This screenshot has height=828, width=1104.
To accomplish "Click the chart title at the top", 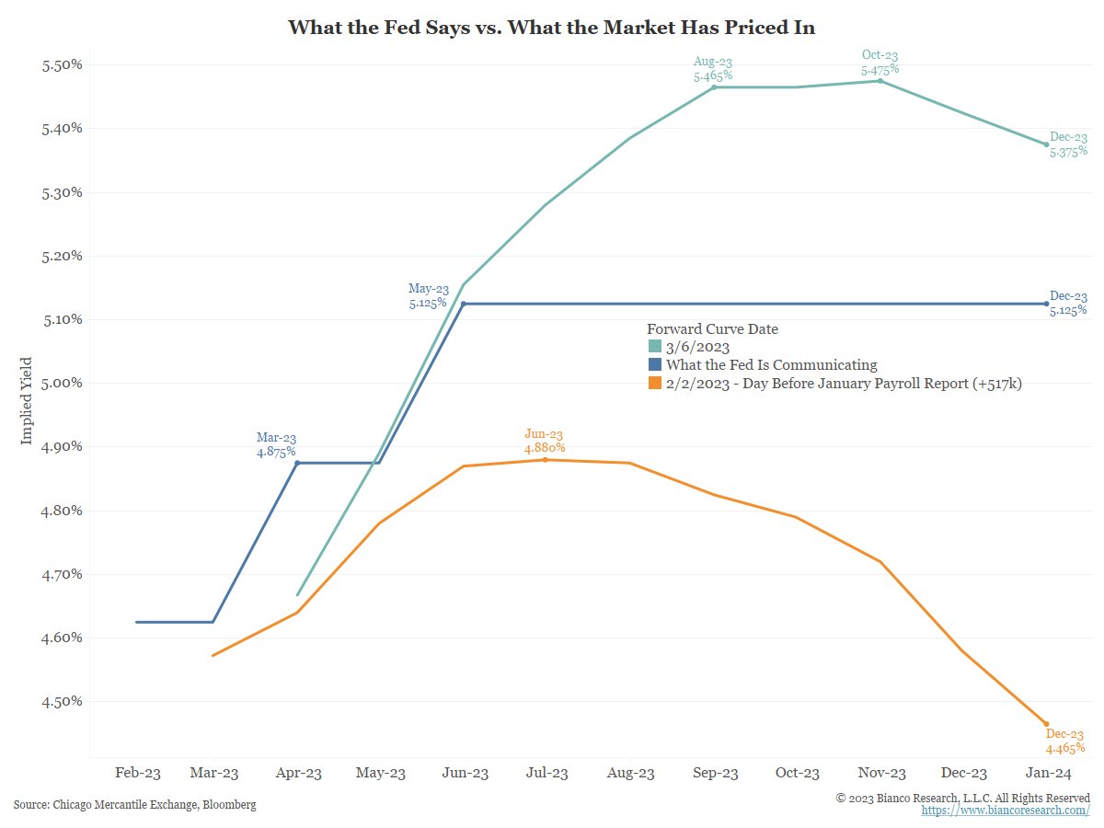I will click(x=551, y=28).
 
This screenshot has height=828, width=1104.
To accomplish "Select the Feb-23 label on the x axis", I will click(x=137, y=774).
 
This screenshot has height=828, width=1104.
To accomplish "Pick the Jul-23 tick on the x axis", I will click(x=546, y=774).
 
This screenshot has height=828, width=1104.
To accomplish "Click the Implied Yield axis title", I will click(x=27, y=401).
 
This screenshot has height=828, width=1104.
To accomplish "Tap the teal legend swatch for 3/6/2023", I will click(x=654, y=347).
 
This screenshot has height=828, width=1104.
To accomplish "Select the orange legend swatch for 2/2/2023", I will click(x=654, y=384).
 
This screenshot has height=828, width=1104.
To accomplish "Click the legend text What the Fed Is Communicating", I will click(x=771, y=365).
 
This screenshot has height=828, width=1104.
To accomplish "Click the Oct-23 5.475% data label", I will click(x=880, y=63).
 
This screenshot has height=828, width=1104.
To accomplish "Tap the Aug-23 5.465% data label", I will click(x=713, y=69).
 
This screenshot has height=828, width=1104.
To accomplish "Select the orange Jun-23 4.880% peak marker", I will click(x=545, y=460).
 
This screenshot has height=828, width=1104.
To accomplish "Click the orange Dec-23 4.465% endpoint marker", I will click(x=1046, y=724).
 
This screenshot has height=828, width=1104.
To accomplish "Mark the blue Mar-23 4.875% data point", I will click(x=297, y=463).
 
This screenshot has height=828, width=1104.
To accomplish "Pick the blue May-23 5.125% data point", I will click(x=464, y=304).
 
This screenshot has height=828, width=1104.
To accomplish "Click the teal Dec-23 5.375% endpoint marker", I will click(x=1046, y=144).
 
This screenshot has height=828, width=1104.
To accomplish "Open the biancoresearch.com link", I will click(x=1006, y=811).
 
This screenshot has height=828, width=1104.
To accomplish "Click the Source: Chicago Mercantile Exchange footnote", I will click(x=134, y=805).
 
